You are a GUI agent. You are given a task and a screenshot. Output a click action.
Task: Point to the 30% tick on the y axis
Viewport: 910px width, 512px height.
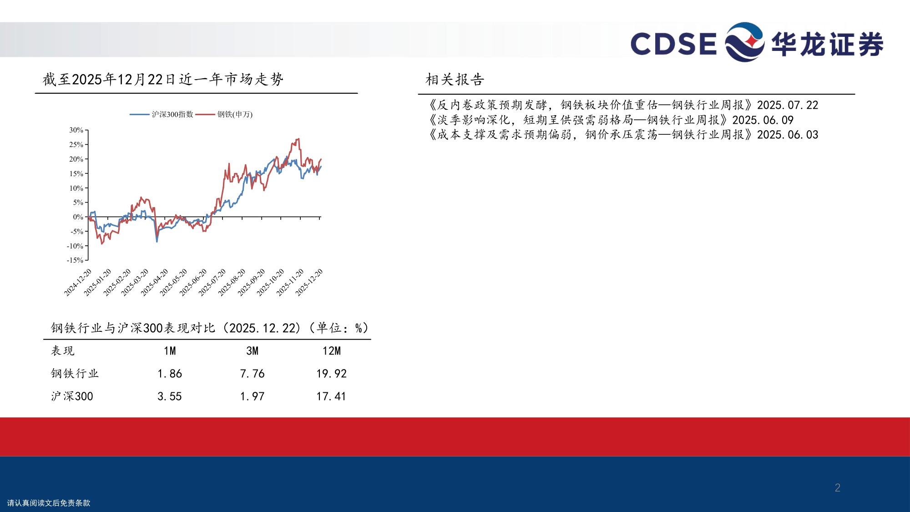tap(76, 130)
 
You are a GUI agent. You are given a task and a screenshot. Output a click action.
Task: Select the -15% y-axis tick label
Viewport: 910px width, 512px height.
tap(75, 260)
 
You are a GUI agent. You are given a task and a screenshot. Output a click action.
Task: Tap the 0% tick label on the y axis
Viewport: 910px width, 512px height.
tap(78, 217)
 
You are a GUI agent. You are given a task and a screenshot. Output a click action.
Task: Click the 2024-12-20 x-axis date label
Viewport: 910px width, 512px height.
tap(78, 282)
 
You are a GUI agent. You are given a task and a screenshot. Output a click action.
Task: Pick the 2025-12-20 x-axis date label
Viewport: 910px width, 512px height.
tap(309, 282)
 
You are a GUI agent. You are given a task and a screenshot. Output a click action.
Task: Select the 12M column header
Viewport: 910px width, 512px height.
tap(331, 351)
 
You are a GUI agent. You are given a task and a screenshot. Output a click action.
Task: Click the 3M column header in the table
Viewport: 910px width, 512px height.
tap(252, 351)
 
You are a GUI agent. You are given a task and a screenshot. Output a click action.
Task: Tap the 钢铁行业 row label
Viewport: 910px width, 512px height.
tap(75, 374)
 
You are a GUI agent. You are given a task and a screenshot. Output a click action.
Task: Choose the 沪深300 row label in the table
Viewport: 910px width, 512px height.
tap(72, 396)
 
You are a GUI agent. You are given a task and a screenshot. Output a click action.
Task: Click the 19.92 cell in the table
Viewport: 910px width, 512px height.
tap(331, 374)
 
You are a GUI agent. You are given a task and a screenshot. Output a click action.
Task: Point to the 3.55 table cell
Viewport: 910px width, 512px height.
tap(169, 396)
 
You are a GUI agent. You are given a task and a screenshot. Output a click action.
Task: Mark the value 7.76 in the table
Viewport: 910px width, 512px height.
tap(252, 374)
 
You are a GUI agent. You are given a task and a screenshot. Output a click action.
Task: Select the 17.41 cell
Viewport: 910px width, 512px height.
tap(331, 396)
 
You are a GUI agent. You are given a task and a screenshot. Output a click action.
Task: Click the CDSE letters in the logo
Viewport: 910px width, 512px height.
tap(673, 44)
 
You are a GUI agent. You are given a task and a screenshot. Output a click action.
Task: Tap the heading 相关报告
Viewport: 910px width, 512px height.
tap(455, 80)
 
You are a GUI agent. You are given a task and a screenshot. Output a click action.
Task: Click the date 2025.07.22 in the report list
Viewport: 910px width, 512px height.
tap(787, 105)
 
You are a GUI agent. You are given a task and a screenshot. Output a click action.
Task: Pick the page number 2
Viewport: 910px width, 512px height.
tap(837, 487)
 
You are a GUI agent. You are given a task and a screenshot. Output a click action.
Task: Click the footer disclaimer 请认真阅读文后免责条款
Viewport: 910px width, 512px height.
tap(49, 503)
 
